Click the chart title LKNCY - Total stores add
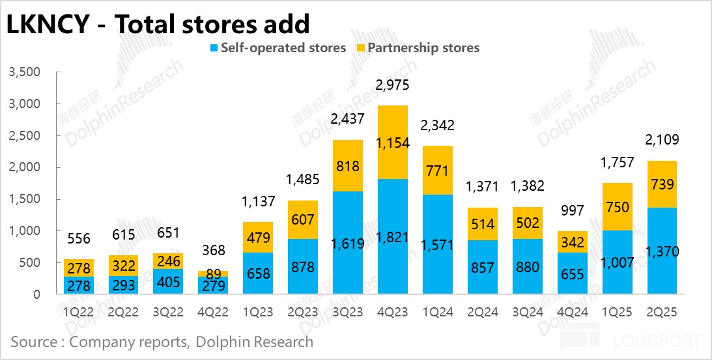coord(157,24)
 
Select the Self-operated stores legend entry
coord(276,48)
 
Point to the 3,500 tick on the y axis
coord(25,72)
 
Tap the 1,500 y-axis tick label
coord(25,199)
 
